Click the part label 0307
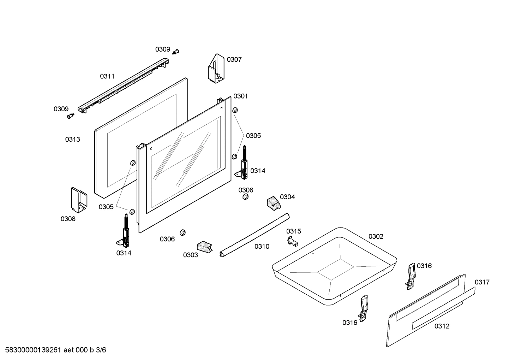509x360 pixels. tap(234, 60)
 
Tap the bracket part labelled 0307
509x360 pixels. tap(216, 69)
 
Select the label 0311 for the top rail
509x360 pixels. tap(107, 76)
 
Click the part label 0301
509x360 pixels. tap(240, 96)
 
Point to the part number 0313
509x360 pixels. tap(72, 140)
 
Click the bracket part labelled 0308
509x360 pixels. tap(79, 200)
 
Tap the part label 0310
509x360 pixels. tap(262, 247)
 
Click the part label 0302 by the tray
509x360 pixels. tap(376, 236)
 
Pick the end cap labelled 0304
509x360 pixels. tap(274, 202)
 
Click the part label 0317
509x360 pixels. tap(482, 282)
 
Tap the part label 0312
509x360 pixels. tap(442, 326)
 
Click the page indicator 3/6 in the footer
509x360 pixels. tap(101, 350)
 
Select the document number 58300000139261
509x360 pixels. tap(33, 350)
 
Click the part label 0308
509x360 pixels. tap(68, 219)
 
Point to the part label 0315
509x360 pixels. tap(294, 231)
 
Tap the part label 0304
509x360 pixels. tap(287, 197)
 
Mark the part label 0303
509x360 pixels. tap(190, 255)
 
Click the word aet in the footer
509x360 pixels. tap(68, 350)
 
